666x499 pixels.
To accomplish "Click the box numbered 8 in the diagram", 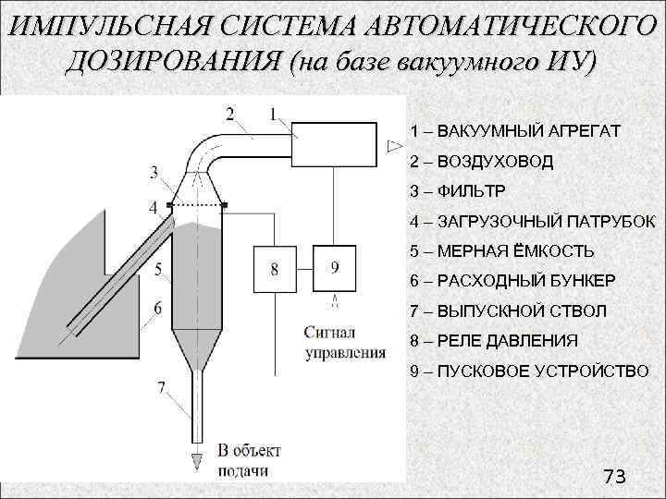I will (x=275, y=269).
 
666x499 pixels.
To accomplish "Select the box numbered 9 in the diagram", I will (x=334, y=269).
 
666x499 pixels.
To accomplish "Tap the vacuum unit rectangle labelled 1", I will (x=334, y=143).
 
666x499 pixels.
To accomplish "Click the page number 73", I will (x=614, y=477).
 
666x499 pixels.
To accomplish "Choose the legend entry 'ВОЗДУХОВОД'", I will (x=482, y=162).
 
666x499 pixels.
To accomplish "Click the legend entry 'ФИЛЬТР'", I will (x=458, y=191).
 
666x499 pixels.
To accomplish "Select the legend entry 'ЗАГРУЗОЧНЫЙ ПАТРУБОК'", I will (x=533, y=222).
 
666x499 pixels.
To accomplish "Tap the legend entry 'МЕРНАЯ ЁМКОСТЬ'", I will (x=502, y=251).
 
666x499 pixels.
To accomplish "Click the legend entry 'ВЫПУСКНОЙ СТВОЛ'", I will (x=509, y=311).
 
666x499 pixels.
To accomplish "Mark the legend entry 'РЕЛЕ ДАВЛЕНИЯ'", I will (x=494, y=341).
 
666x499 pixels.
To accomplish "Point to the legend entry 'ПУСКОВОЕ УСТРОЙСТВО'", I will (x=530, y=371).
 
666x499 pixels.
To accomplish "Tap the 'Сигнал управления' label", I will (x=343, y=342).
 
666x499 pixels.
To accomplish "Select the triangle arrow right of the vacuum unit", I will (x=394, y=145).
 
